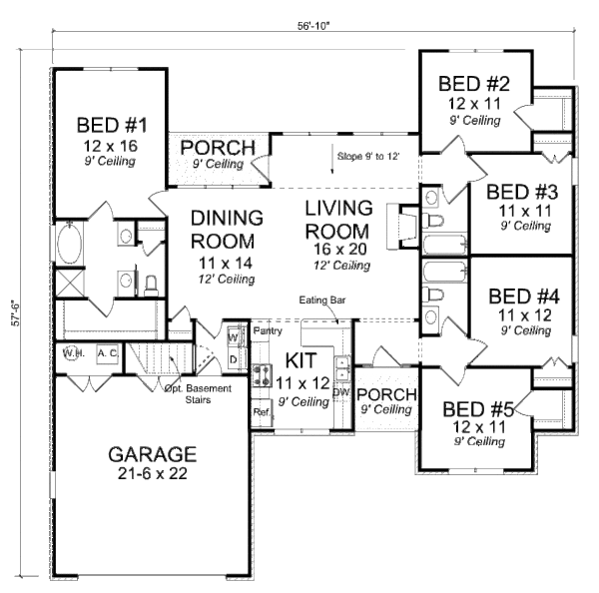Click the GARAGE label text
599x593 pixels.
point(153,454)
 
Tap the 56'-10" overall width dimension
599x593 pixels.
point(311,27)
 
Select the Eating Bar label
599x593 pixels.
point(320,299)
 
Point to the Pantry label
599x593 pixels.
point(267,330)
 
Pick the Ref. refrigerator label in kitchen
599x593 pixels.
point(262,411)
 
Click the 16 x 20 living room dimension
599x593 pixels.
point(338,247)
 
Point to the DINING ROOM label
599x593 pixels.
point(227,229)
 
